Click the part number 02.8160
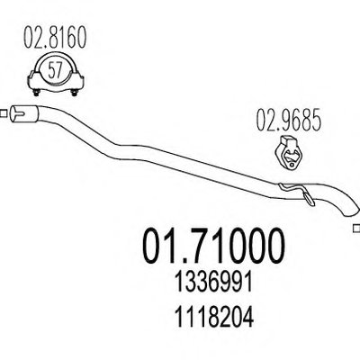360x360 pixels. (x=55, y=37)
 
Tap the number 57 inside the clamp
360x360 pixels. (x=55, y=71)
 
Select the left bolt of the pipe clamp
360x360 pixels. (x=36, y=93)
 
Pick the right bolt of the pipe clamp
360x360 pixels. (x=74, y=93)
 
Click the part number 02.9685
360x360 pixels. (x=289, y=121)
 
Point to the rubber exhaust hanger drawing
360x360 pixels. (x=288, y=152)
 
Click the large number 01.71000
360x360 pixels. (x=212, y=246)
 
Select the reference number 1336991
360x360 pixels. (x=213, y=283)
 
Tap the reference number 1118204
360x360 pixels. (x=214, y=317)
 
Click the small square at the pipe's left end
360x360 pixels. (x=4, y=114)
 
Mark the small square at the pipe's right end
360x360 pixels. (x=356, y=229)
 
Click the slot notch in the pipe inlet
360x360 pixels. (x=20, y=114)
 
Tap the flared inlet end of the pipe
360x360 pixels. (x=24, y=113)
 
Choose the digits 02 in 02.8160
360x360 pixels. (x=33, y=37)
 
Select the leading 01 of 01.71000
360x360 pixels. (x=162, y=246)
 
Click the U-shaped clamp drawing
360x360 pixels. (x=55, y=75)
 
